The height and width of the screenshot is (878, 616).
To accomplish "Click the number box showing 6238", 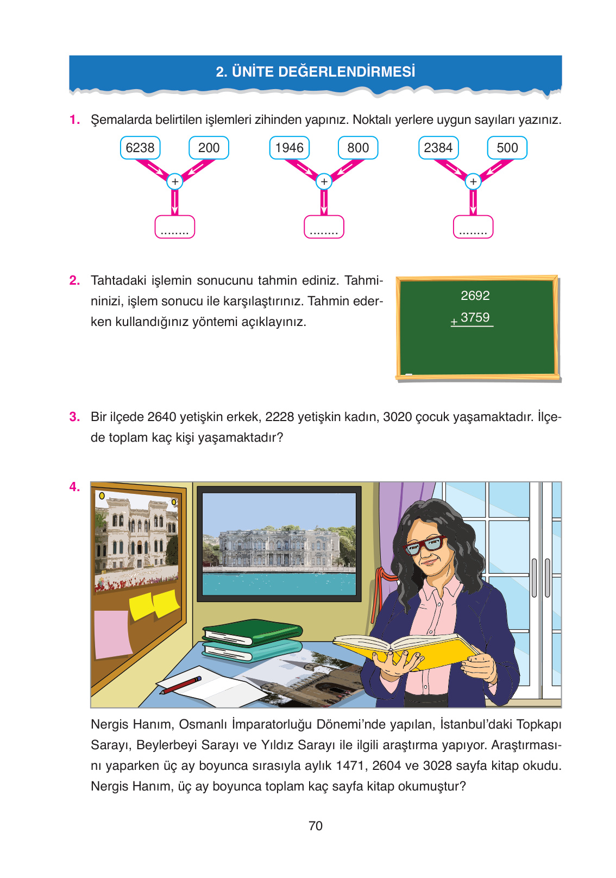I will pyautogui.click(x=140, y=148).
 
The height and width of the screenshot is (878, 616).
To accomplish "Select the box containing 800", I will pyautogui.click(x=358, y=148).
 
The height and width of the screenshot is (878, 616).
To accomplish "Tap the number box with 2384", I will pyautogui.click(x=438, y=148).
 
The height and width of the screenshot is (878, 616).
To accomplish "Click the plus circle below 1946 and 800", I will pyautogui.click(x=324, y=181).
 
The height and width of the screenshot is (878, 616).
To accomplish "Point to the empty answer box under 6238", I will pyautogui.click(x=175, y=227).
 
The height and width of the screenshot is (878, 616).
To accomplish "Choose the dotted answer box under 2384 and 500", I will pyautogui.click(x=473, y=227).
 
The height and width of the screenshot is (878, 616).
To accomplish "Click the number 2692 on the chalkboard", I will pyautogui.click(x=475, y=296).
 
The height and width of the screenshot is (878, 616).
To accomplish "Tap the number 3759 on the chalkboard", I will pyautogui.click(x=475, y=317).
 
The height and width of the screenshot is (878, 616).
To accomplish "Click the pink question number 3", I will pyautogui.click(x=74, y=417).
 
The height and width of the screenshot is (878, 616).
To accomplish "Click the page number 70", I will pyautogui.click(x=316, y=826).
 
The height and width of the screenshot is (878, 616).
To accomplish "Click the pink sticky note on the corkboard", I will pyautogui.click(x=112, y=634).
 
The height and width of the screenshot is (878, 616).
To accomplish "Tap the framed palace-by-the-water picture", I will pyautogui.click(x=279, y=543).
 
